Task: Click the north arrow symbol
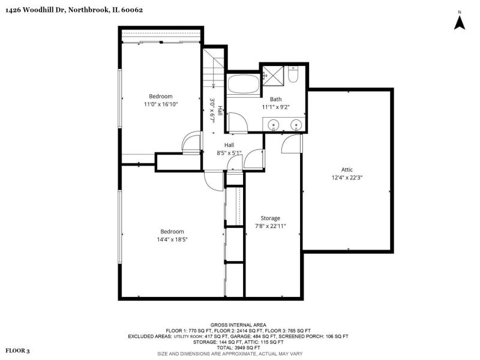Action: click(459, 23)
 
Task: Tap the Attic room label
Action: click(347, 170)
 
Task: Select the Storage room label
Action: click(271, 218)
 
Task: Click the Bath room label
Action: click(275, 99)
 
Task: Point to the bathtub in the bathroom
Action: click(244, 84)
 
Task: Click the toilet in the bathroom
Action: click(293, 74)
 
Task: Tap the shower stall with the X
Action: click(274, 76)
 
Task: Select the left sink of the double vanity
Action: click(272, 125)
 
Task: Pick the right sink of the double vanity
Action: click(296, 125)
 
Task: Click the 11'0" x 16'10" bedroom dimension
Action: click(161, 104)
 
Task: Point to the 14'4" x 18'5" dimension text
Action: click(172, 239)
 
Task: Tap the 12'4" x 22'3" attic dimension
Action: click(347, 178)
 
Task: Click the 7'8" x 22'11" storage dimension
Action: click(271, 226)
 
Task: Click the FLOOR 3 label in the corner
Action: click(18, 351)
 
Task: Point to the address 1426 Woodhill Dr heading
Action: click(35, 10)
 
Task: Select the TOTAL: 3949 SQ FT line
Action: click(238, 348)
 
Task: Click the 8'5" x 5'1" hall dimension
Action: click(229, 153)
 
